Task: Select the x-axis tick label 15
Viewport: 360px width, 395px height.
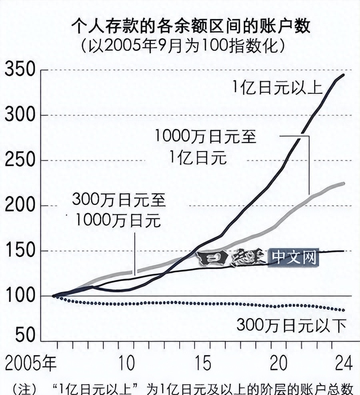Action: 204,364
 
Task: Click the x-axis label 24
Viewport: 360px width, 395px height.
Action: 343,364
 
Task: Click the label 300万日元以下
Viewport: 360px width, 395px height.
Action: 291,326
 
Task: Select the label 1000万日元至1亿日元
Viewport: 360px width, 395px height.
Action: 205,147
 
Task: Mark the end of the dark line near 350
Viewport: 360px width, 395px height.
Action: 344,75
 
